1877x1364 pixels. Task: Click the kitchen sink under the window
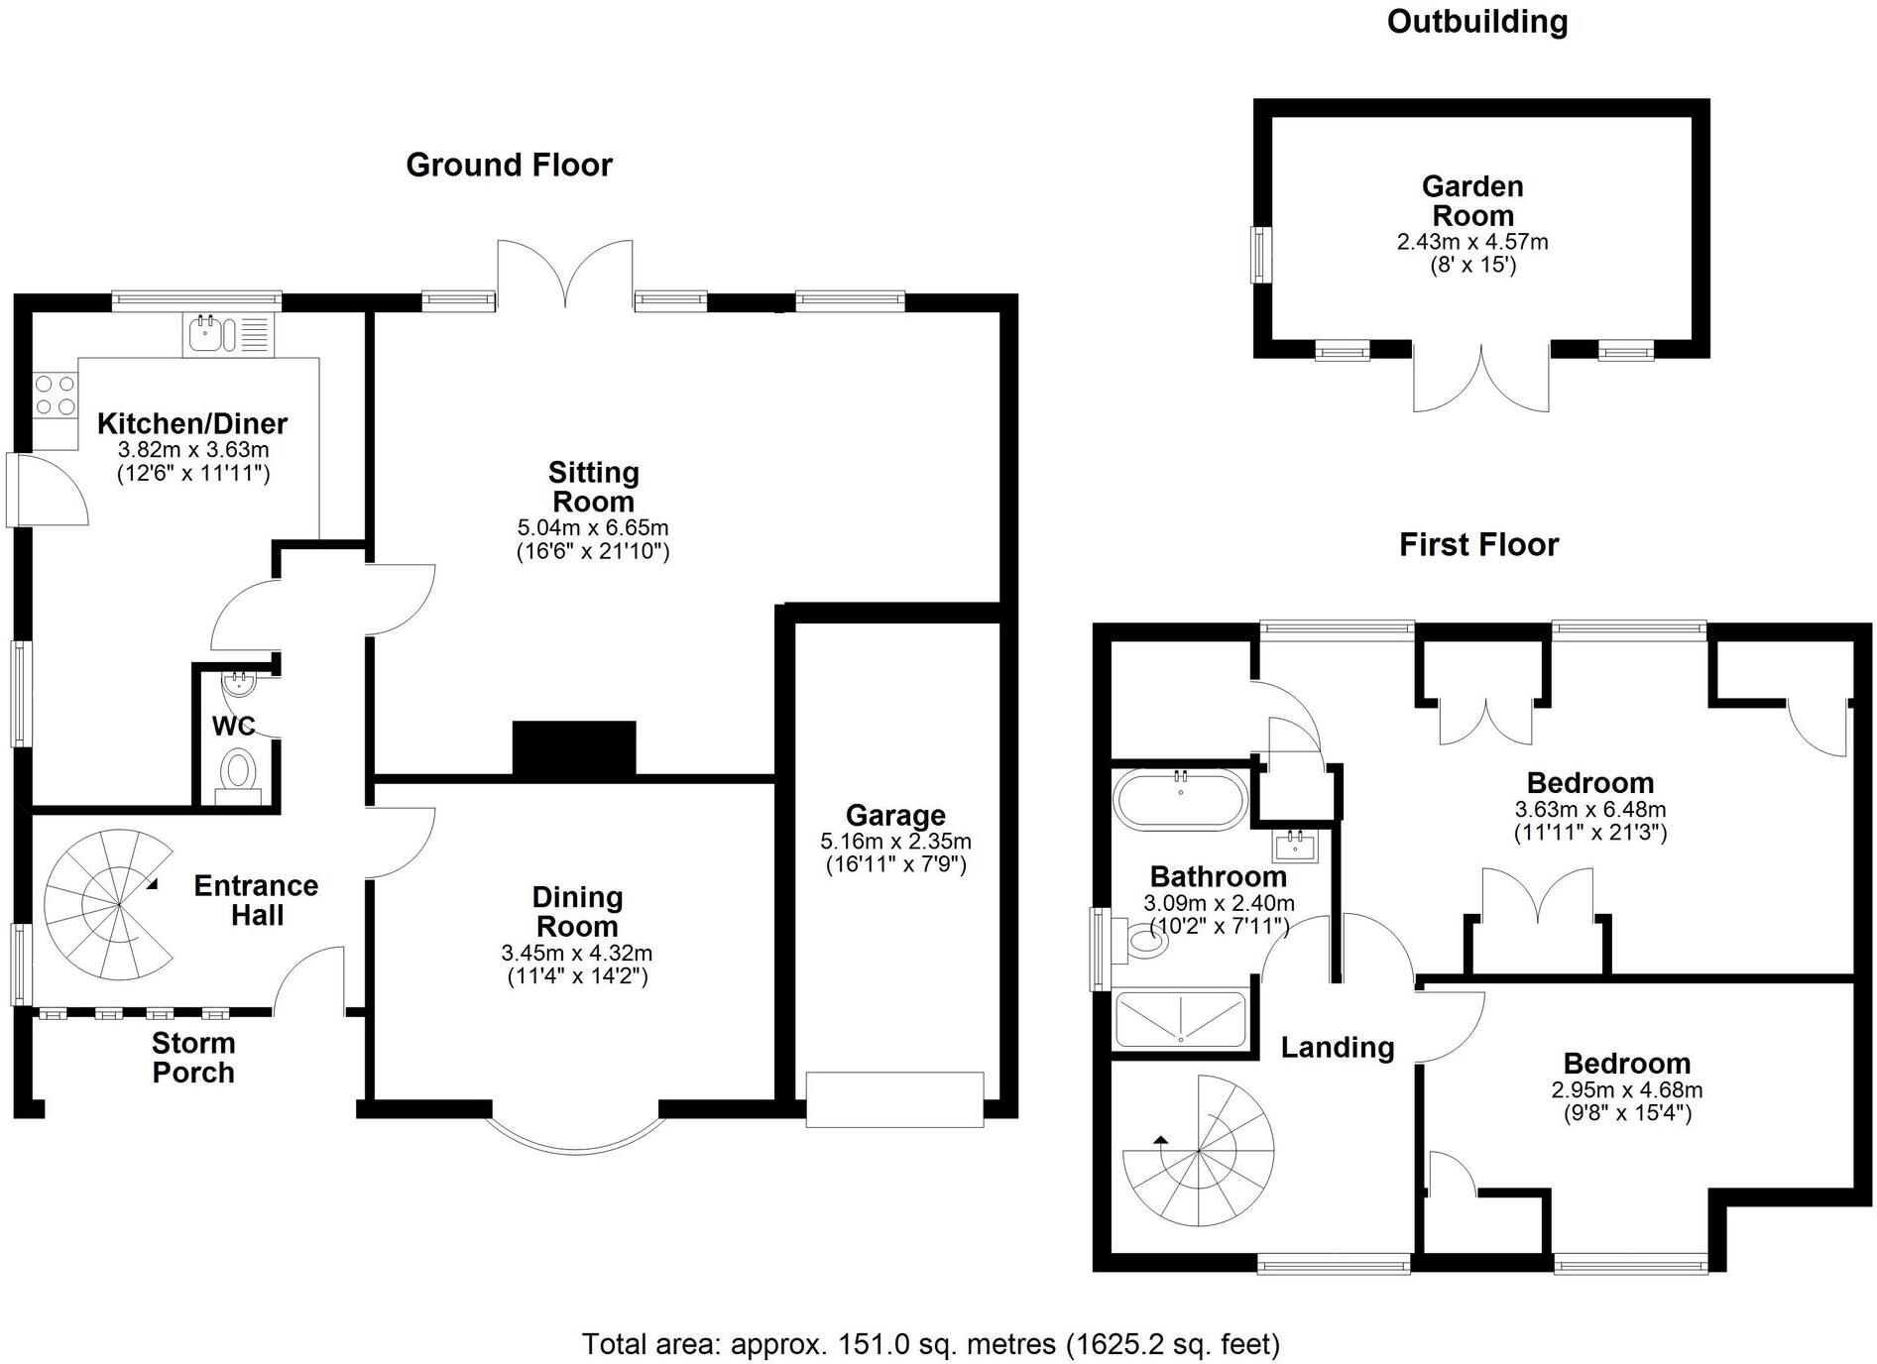point(227,334)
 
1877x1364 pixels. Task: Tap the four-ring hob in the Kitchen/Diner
point(56,394)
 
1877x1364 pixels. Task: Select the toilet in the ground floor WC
point(238,771)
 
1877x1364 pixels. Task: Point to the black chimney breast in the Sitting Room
point(573,747)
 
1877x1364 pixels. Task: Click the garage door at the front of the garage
point(894,1098)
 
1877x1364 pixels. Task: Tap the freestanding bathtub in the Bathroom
point(1180,799)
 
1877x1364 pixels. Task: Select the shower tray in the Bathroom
point(1180,1019)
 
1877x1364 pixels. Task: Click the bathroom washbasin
point(1295,846)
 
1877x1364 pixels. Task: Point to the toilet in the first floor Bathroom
point(1143,940)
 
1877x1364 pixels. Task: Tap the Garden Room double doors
point(1480,380)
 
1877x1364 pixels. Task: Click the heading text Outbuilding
point(1476,22)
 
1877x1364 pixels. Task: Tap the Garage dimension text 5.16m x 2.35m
point(894,842)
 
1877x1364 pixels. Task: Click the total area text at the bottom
point(930,1344)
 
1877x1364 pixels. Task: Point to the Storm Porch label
point(193,1058)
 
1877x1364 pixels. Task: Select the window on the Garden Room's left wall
point(1260,254)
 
